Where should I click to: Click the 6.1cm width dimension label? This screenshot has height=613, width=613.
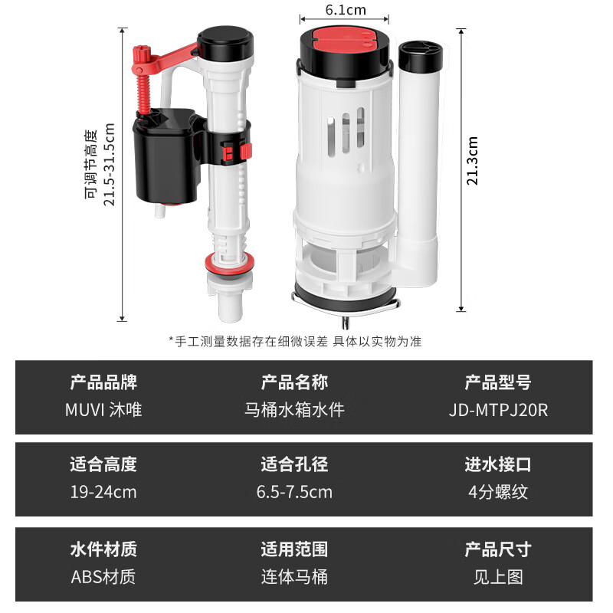tap(345, 10)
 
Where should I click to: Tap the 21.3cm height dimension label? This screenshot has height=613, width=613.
tap(473, 161)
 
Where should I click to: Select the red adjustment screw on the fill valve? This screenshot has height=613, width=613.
tap(140, 84)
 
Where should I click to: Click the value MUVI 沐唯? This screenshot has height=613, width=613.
tap(103, 409)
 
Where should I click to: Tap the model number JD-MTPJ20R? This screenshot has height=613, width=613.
tap(498, 409)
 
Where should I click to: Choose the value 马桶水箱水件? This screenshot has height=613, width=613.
tap(294, 409)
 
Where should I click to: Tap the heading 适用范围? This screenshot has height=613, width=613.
tap(294, 549)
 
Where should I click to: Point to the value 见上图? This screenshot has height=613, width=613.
tap(498, 575)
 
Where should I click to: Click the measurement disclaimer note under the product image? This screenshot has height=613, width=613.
tap(295, 341)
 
